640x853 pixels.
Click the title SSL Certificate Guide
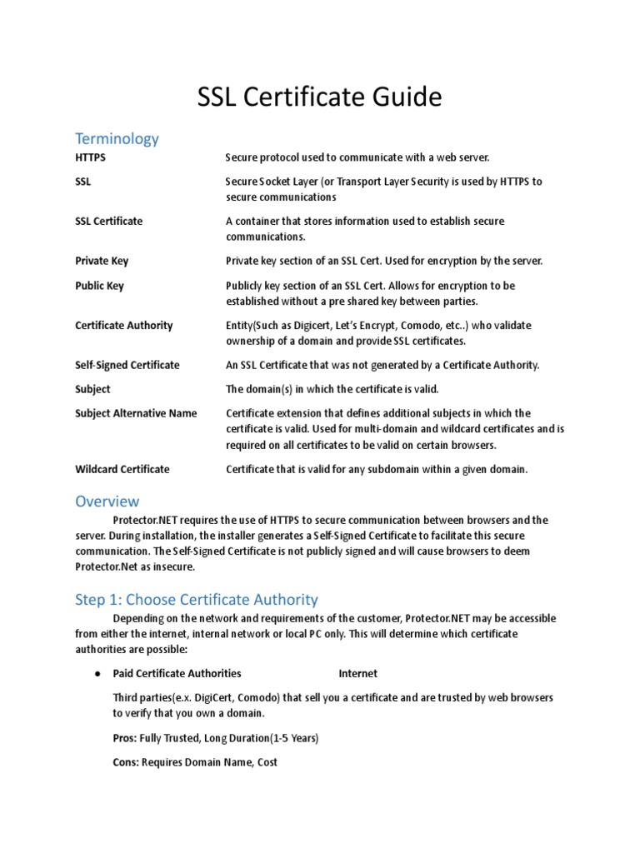point(319,97)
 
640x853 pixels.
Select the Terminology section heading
point(117,138)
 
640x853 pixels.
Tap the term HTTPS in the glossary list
point(90,157)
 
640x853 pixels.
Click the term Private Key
point(102,261)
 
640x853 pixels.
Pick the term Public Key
point(99,286)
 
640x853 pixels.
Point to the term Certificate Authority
point(124,326)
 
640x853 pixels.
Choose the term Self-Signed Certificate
point(127,365)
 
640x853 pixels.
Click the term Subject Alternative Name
point(136,413)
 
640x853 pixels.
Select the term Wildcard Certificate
point(122,469)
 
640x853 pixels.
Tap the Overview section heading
point(107,501)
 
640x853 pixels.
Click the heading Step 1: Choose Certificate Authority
point(197,599)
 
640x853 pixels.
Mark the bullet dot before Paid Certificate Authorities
point(97,673)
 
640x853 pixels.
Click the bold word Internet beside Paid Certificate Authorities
point(357,673)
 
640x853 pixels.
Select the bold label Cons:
point(127,762)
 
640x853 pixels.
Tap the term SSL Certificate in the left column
point(108,221)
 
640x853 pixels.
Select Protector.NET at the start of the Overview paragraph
point(146,521)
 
